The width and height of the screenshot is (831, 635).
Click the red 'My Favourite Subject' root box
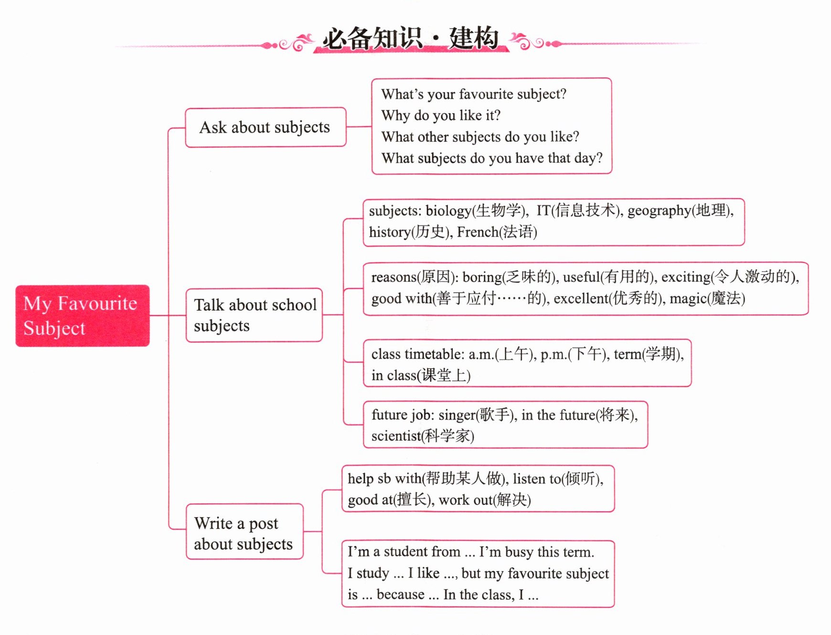[x=83, y=316]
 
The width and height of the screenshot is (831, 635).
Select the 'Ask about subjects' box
[x=266, y=127]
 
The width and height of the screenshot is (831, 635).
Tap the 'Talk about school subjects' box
[x=254, y=315]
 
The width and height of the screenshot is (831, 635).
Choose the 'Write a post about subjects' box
[x=245, y=531]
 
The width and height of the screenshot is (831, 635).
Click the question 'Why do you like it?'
[x=441, y=116]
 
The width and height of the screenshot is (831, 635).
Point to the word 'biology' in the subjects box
[x=449, y=211]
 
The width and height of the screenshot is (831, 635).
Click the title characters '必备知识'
[x=372, y=38]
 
